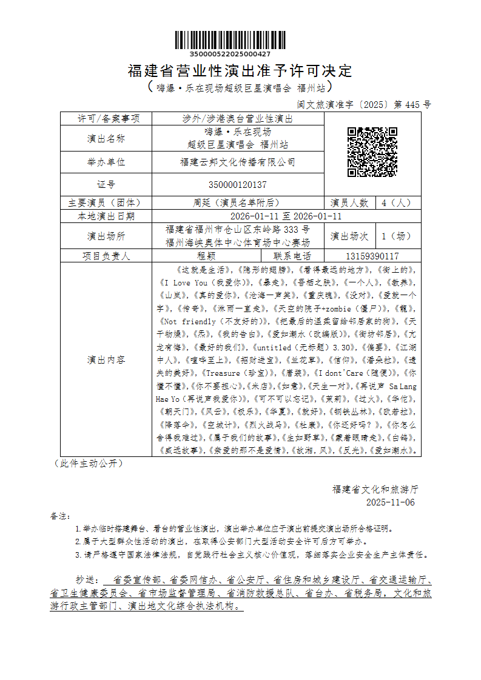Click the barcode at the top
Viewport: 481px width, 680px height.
(230, 40)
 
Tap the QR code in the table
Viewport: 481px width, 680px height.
(372, 152)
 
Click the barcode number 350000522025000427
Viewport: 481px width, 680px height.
(230, 55)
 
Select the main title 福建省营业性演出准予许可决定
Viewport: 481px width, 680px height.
(240, 71)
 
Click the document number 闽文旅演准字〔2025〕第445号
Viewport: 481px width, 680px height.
(364, 104)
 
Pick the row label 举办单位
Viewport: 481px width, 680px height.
(106, 162)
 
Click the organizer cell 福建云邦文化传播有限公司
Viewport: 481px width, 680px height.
(238, 162)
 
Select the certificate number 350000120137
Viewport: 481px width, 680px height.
(238, 185)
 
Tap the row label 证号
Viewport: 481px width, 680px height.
(106, 185)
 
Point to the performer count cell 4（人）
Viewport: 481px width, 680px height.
(397, 203)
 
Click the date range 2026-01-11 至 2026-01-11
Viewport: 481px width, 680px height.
(286, 216)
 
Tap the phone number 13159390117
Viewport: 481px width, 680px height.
(372, 256)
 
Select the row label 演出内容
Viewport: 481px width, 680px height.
(106, 359)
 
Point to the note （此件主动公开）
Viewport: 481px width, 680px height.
(89, 463)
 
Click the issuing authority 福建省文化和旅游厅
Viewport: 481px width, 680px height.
(375, 488)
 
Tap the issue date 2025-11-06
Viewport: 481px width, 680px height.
(391, 502)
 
